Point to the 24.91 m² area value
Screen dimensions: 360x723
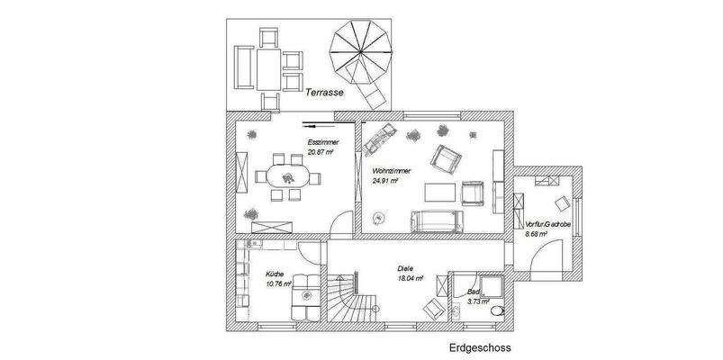(385, 179)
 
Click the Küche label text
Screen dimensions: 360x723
(275, 274)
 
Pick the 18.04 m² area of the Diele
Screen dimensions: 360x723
(411, 278)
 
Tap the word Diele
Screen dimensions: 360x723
(406, 268)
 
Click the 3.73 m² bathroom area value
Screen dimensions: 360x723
(478, 302)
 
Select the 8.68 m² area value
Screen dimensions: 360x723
(538, 234)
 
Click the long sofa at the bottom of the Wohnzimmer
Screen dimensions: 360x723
(436, 220)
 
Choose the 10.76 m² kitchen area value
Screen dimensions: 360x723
(279, 283)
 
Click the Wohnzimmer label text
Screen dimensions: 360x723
(391, 169)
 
